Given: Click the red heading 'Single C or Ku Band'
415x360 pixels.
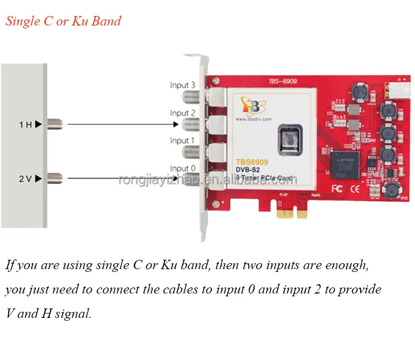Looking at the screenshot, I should tap(63, 22).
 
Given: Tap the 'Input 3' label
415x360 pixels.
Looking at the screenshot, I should tap(183, 85).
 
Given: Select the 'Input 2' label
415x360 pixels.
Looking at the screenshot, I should tap(183, 113).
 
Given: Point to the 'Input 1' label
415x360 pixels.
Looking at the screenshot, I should tap(183, 141).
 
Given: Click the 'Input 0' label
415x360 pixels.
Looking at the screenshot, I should tap(183, 168).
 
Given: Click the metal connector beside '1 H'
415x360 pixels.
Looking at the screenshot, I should tap(55, 124).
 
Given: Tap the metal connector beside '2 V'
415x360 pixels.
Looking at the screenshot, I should tap(55, 178).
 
